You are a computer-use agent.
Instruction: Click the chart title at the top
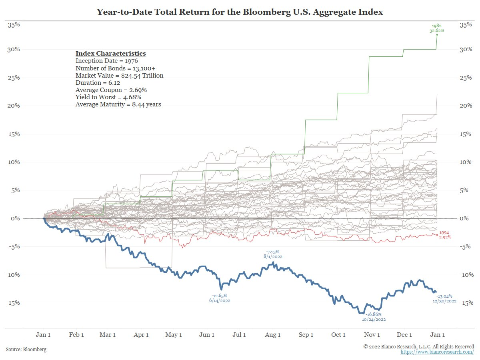240,12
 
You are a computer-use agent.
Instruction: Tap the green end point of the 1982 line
437,35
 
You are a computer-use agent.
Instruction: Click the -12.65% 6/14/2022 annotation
219,298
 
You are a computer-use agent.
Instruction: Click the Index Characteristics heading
110,53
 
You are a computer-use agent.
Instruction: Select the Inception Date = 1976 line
107,61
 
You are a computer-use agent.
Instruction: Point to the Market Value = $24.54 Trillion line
120,75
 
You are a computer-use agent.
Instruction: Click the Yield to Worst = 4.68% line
108,97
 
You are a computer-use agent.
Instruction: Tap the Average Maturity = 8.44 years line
118,104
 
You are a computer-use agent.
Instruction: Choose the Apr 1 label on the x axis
141,335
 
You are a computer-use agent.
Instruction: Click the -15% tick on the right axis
467,303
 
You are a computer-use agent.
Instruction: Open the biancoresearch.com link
437,352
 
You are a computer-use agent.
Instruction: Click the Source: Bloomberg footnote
26,349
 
